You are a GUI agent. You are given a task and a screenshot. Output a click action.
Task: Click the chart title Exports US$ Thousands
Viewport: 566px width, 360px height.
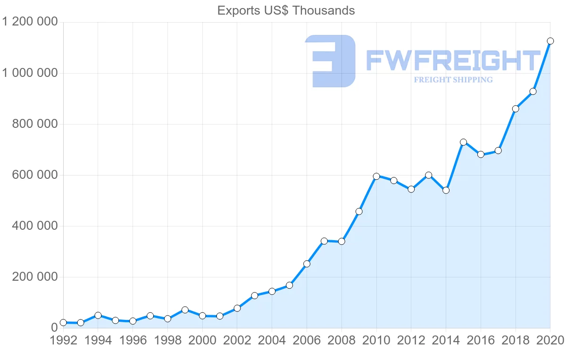coord(286,10)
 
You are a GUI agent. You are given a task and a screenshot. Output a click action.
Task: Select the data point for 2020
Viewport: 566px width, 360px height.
coord(550,41)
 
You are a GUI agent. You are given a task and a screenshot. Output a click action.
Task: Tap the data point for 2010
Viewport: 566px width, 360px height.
coord(376,176)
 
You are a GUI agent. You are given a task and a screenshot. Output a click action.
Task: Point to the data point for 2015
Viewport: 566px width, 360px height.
coord(463,142)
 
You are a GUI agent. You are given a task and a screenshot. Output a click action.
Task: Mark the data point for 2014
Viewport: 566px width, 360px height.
coord(446,190)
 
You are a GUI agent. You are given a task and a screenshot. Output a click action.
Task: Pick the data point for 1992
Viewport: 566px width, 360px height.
coord(63,323)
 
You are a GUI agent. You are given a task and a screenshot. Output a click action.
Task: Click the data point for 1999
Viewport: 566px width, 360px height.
coord(185,310)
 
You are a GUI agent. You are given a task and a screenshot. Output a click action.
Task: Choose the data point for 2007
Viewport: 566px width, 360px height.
coord(324,241)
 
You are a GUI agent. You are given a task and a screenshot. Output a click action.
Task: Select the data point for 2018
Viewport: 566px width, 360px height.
coord(516,109)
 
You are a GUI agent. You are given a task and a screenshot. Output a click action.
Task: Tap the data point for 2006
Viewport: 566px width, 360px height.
coord(307,264)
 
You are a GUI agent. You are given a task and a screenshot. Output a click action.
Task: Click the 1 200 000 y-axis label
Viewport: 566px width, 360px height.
coord(30,22)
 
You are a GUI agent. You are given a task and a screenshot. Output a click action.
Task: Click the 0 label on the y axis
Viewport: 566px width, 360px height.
coord(54,328)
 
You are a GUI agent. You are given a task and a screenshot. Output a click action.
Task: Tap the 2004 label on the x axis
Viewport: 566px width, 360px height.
coord(272,341)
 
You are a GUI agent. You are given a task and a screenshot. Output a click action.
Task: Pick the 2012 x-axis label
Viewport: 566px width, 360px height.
coord(411,341)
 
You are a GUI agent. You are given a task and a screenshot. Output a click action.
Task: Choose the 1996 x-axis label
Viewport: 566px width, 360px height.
coord(133,341)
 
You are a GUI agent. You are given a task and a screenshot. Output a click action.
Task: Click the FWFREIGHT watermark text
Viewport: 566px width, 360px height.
coord(453,61)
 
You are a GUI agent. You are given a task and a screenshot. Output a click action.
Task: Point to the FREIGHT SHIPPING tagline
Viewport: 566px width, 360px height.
coord(453,80)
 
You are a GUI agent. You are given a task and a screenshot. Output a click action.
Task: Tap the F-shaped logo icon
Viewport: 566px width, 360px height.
coord(330,61)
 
